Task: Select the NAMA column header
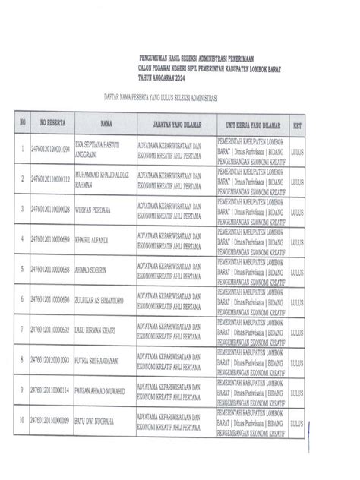pyautogui.click(x=106, y=122)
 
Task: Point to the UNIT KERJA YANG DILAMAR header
pyautogui.click(x=251, y=122)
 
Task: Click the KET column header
pyautogui.click(x=297, y=122)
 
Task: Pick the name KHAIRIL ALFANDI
pyautogui.click(x=92, y=239)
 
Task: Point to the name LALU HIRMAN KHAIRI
pyautogui.click(x=96, y=330)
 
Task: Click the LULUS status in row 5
pyautogui.click(x=297, y=271)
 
